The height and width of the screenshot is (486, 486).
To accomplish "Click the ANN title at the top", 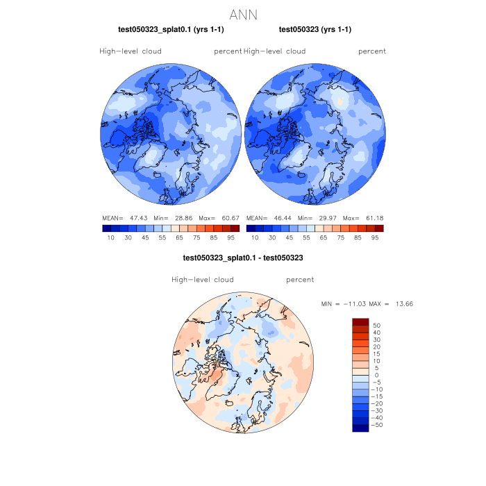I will [x=243, y=15].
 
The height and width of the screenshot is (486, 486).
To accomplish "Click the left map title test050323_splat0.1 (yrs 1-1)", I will [x=171, y=30].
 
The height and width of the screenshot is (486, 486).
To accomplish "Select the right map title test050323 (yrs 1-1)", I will [x=315, y=30].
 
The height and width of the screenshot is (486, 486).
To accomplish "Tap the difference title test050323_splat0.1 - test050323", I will [x=242, y=258].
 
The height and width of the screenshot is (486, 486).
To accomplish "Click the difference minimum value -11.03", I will [x=355, y=304].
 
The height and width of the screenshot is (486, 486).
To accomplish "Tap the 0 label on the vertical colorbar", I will [x=376, y=375].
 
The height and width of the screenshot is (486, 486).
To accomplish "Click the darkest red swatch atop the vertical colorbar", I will [x=360, y=321].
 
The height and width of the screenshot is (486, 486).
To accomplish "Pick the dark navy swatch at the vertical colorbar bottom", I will [x=360, y=428].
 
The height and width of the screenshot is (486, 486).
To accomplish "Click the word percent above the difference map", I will [x=300, y=280].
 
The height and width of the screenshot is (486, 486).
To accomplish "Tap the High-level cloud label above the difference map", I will [x=203, y=280].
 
